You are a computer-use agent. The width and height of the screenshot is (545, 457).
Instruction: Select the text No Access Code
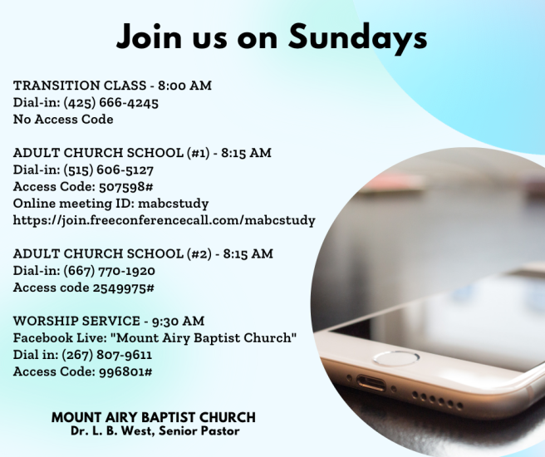coord(63,119)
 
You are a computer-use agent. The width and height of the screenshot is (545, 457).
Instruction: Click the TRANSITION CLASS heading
coord(112,86)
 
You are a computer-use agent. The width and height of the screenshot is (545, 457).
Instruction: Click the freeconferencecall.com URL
coord(164,220)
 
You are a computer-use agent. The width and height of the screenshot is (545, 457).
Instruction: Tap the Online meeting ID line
coord(110,203)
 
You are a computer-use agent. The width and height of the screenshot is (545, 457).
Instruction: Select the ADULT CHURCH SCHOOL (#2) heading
coord(143,253)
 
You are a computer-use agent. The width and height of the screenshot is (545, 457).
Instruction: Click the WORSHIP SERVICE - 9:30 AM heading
coord(109,321)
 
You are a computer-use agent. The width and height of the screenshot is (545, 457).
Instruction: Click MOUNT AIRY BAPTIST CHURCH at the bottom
coord(153,417)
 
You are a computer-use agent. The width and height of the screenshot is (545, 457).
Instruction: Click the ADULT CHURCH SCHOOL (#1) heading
coord(142,153)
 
